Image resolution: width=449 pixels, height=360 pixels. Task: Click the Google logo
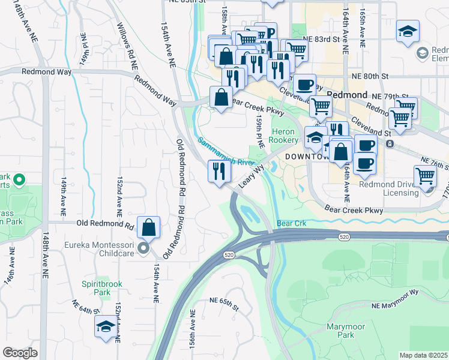point(20,353)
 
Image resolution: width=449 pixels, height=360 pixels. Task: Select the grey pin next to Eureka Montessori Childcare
point(143,248)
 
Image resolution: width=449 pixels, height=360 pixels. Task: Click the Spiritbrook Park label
point(96,287)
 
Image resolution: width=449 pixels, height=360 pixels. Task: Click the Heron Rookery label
point(283,136)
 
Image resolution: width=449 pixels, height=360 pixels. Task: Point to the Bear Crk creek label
point(292,223)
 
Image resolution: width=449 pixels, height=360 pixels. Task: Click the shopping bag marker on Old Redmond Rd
point(148,227)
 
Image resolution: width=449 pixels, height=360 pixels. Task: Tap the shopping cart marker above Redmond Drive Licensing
point(426,176)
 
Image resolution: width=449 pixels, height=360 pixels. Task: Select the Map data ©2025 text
point(423,355)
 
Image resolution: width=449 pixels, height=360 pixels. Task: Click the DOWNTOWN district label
point(307,157)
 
